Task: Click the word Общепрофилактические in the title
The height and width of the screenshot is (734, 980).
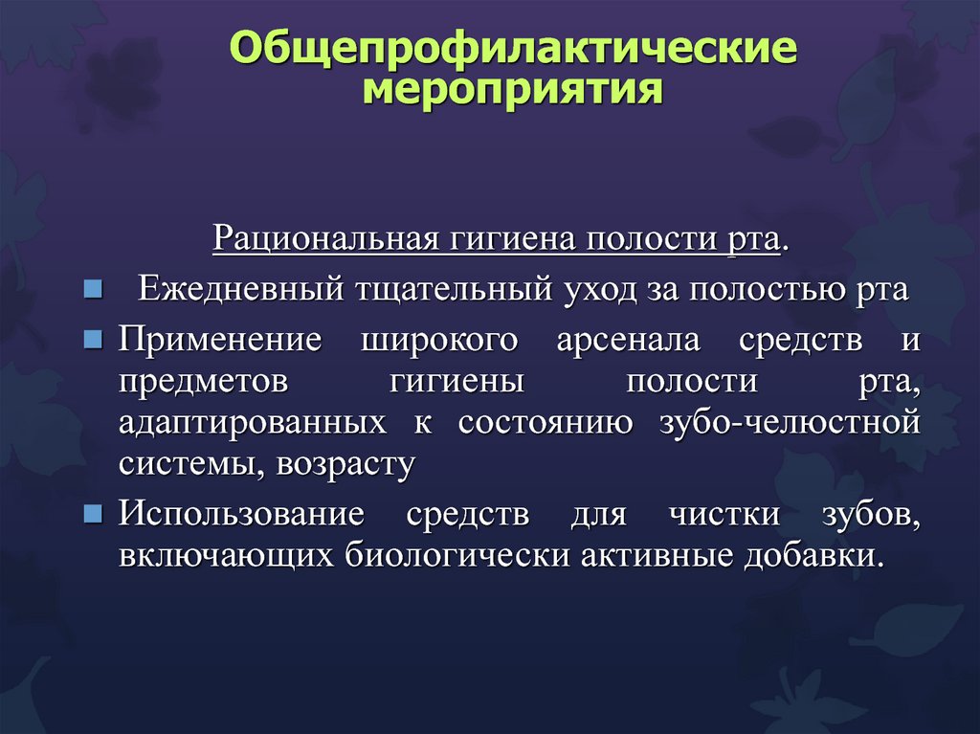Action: tap(513, 48)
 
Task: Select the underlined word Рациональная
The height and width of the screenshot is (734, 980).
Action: tap(325, 238)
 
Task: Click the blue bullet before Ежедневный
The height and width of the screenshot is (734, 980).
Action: tap(93, 289)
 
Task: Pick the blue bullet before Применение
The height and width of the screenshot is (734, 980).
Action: tap(93, 340)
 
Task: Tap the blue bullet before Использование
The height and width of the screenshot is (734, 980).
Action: tap(93, 514)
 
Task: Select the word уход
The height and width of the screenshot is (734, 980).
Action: tap(600, 289)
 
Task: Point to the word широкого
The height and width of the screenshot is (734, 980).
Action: tap(439, 340)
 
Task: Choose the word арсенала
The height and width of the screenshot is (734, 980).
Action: tap(628, 340)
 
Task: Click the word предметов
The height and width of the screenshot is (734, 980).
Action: tap(204, 382)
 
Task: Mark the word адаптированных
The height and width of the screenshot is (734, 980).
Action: tap(253, 424)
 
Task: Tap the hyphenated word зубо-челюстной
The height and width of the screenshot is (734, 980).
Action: tap(790, 422)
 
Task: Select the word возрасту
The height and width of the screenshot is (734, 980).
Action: tap(345, 465)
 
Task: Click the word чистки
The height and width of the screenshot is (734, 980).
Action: tap(724, 515)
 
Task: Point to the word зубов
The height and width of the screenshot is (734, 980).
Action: tap(871, 515)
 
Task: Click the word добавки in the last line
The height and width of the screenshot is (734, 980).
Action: tap(813, 555)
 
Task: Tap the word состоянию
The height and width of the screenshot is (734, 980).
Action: tap(546, 423)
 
